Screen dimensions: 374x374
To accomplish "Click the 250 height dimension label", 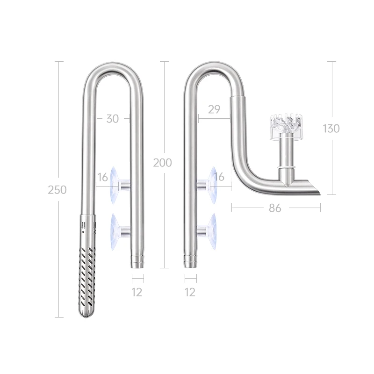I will point(57,190).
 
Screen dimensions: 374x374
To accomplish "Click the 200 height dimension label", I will point(162,163).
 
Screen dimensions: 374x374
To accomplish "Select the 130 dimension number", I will point(331,129).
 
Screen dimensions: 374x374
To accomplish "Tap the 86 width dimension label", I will point(275,209).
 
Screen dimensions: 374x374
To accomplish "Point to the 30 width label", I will point(112,119).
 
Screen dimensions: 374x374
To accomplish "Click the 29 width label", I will point(214,110).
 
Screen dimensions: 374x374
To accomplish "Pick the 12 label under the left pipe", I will point(137,293).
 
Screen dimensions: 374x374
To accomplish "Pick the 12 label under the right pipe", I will point(190,293).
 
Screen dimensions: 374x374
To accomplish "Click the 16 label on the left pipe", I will point(103,177).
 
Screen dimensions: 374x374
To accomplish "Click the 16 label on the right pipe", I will point(220,177).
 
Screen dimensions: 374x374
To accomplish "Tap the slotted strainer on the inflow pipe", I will point(87,276).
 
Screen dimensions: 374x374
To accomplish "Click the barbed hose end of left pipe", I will point(137,261).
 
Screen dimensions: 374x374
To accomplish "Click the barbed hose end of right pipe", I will point(190,261).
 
